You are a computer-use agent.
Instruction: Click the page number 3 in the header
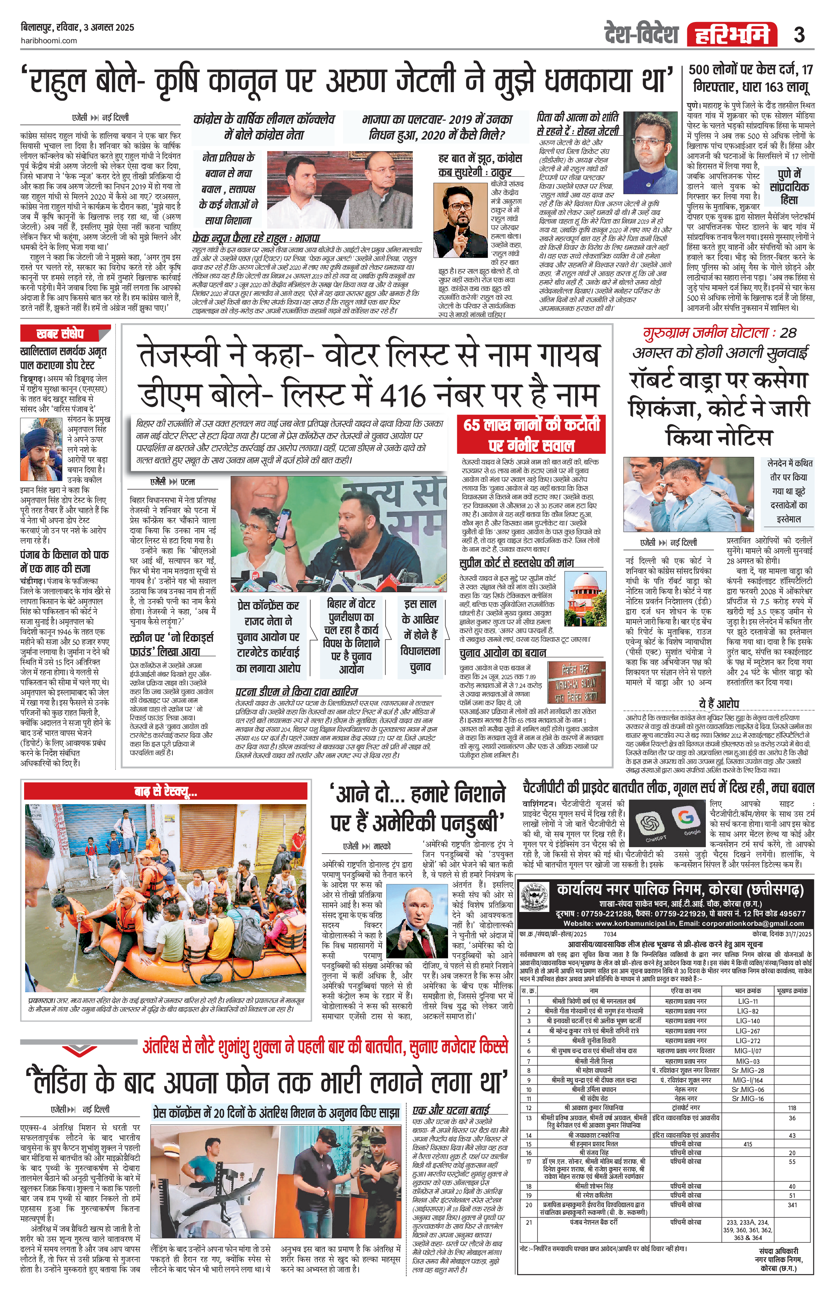(x=799, y=35)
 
